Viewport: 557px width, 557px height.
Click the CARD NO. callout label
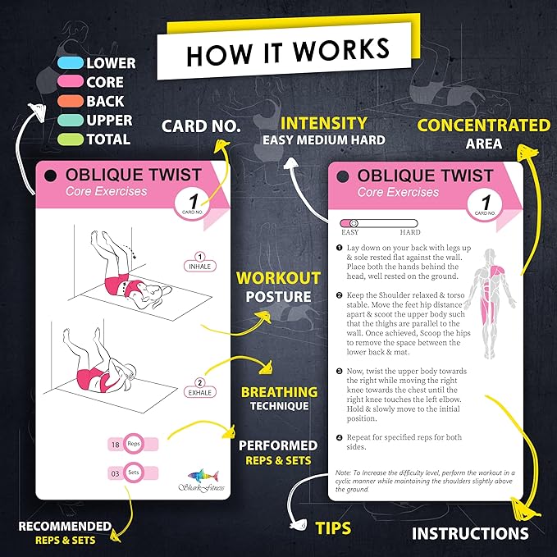click(200, 126)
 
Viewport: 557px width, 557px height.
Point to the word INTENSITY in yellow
click(323, 123)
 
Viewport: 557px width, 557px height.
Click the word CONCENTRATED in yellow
click(484, 126)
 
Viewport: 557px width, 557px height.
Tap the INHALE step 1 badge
click(199, 263)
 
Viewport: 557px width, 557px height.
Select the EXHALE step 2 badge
click(199, 387)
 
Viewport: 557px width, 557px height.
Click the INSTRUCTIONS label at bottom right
click(469, 533)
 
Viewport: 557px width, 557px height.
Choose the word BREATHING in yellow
click(279, 391)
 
